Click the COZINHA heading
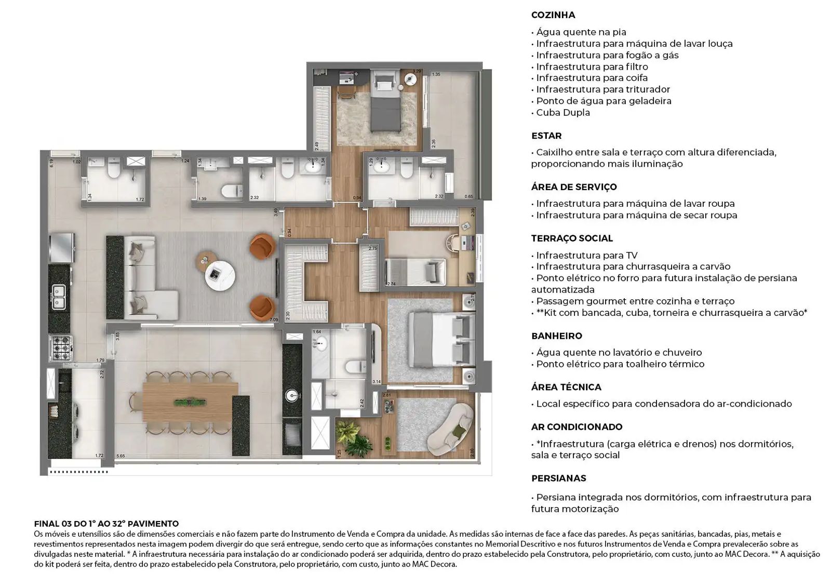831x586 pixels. pos(553,15)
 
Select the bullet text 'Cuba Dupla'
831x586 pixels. pos(563,112)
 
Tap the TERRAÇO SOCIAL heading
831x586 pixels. pos(572,238)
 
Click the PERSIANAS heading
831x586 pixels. pos(558,478)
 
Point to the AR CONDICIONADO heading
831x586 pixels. pos(577,427)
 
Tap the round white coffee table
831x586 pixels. pos(220,276)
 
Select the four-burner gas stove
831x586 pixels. pos(61,348)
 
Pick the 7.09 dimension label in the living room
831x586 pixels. pos(274,319)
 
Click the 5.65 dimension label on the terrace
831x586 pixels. pos(120,456)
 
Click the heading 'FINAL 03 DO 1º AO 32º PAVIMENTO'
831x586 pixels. pos(106,524)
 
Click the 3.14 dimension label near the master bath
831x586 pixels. pos(377,382)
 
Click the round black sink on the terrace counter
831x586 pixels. pos(292,396)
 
